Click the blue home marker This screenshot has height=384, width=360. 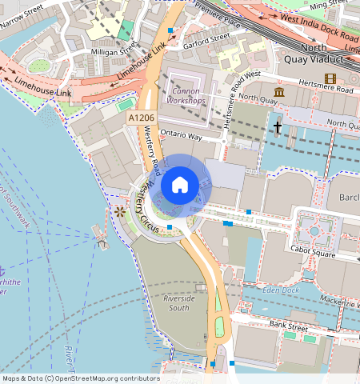[180, 185]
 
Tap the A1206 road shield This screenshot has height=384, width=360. [140, 118]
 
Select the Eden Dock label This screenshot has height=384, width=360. [280, 290]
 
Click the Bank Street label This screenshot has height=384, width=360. [288, 326]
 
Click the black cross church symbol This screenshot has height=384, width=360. [278, 127]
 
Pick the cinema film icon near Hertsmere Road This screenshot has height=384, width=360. [330, 78]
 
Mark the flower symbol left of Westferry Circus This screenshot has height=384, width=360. [120, 211]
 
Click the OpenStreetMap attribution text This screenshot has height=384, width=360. [80, 378]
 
